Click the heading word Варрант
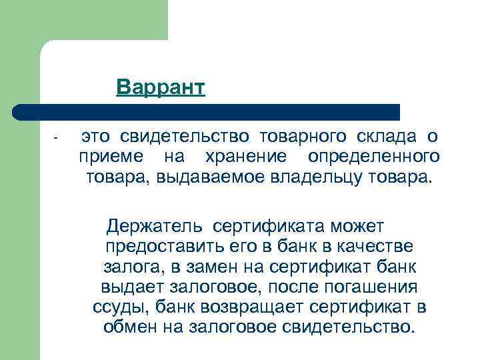(x=160, y=88)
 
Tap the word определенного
(x=374, y=157)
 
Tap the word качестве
(x=379, y=247)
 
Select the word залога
(x=129, y=267)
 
